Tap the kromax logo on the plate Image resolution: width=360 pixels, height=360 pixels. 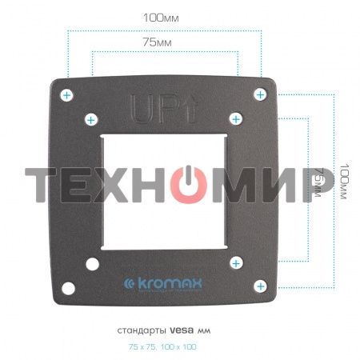point(166,283)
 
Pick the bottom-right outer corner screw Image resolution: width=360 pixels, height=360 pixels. point(259,286)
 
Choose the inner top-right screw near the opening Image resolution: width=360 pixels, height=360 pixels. point(236,118)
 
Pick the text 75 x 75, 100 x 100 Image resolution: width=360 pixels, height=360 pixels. point(162,346)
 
